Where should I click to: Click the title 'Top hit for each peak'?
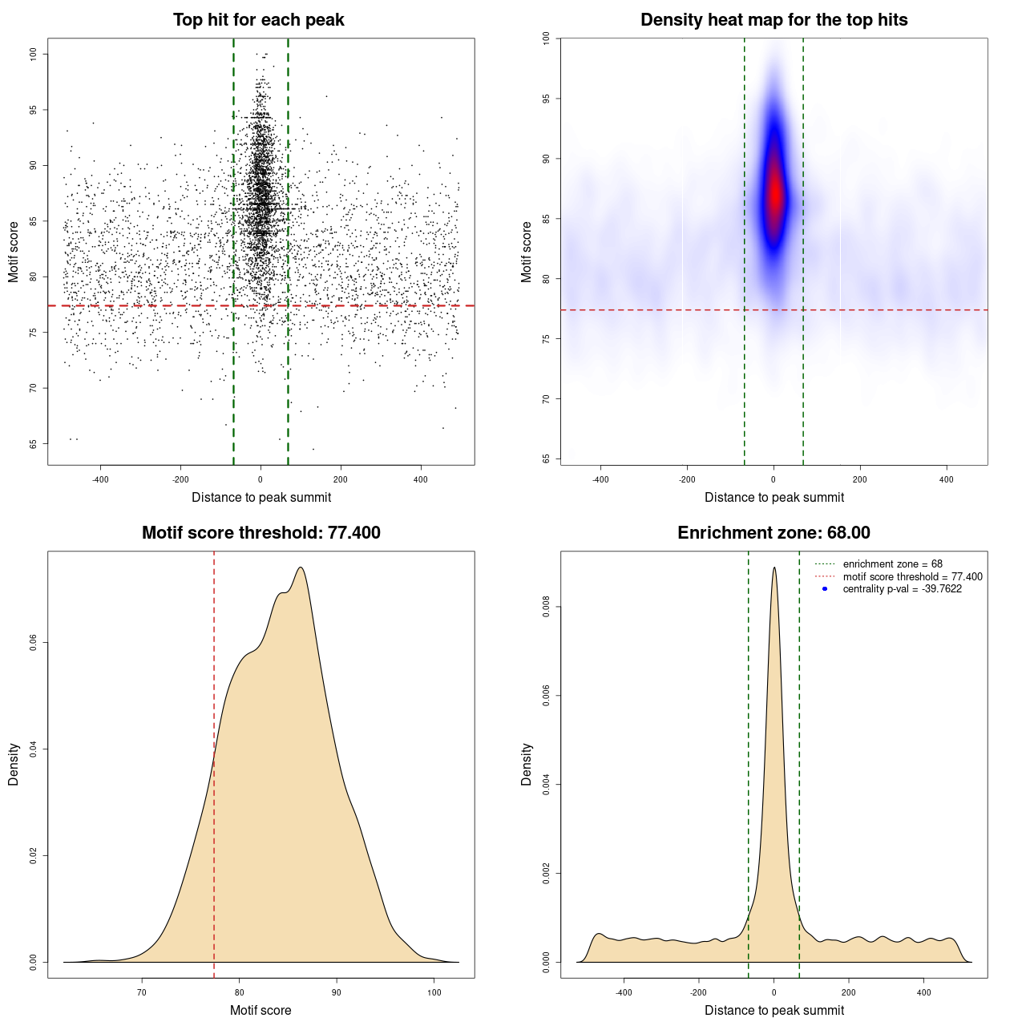[259, 20]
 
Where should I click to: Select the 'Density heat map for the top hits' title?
[774, 20]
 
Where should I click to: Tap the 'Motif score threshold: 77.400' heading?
[261, 533]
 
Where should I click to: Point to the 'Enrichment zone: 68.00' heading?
[774, 533]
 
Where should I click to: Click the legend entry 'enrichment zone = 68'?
[892, 564]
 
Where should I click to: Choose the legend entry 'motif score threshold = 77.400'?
[912, 576]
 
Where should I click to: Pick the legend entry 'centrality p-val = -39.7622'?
[902, 589]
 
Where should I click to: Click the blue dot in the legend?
[825, 589]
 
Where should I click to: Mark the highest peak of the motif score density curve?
[301, 568]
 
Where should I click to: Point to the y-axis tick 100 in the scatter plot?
[33, 54]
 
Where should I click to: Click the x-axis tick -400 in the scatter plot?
[100, 479]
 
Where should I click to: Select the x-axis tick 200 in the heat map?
[860, 479]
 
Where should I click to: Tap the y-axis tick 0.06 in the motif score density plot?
[33, 643]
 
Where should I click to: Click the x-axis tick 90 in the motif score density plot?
[337, 992]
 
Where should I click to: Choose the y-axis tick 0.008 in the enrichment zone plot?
[546, 608]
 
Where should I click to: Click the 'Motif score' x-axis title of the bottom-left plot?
[261, 1010]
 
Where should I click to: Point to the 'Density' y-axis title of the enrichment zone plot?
[527, 764]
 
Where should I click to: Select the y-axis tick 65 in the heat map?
[546, 458]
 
